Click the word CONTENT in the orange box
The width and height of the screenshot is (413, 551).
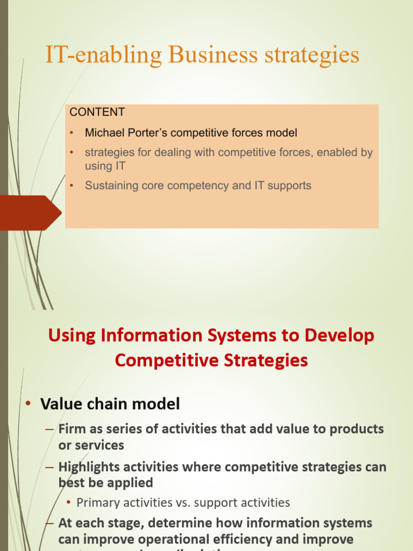tap(97, 112)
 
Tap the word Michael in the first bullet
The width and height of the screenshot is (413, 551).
tap(102, 132)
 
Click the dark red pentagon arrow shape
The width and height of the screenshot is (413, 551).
tap(30, 213)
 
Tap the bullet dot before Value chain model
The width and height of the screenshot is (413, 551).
tap(29, 405)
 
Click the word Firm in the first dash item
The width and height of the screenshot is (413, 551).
tap(72, 429)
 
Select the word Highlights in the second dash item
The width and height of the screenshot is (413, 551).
tap(91, 467)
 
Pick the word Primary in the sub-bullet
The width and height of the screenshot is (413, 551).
tap(97, 503)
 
